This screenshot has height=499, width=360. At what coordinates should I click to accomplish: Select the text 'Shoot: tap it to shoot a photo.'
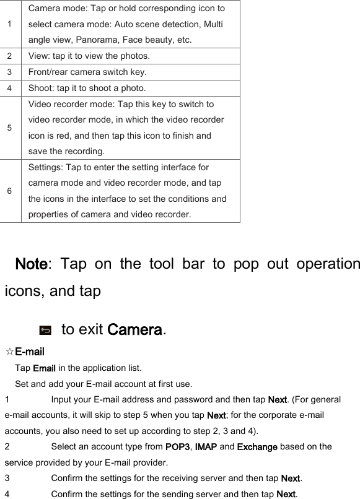point(87,88)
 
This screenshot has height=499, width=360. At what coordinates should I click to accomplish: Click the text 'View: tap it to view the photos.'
point(89,56)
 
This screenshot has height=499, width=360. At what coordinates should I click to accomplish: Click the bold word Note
point(31,264)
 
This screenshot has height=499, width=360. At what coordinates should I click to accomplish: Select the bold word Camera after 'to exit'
point(134,329)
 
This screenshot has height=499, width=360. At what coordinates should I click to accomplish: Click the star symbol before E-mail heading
point(9,352)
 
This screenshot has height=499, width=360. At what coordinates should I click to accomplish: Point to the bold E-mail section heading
point(29,352)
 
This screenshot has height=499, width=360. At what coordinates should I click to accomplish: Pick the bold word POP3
point(178,447)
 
